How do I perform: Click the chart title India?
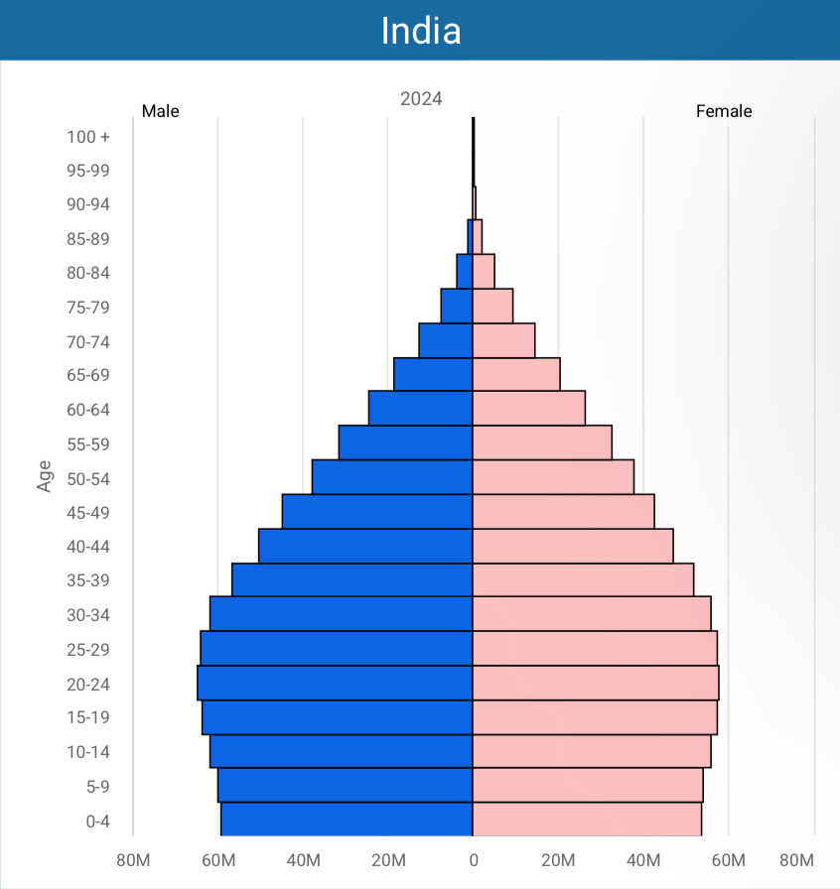click(x=421, y=31)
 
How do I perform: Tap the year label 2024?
click(x=421, y=99)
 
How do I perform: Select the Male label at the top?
click(x=161, y=111)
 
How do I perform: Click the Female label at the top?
click(x=724, y=111)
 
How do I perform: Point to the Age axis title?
click(x=45, y=475)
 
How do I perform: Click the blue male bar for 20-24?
click(x=335, y=683)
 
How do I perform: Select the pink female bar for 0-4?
click(x=587, y=820)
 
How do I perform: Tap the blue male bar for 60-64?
click(x=420, y=408)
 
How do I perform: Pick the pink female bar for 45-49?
click(x=563, y=511)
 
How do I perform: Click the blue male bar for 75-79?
click(x=457, y=306)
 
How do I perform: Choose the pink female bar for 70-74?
click(x=503, y=340)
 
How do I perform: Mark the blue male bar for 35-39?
click(x=351, y=579)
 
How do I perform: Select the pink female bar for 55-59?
click(x=542, y=443)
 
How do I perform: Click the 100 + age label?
click(x=88, y=137)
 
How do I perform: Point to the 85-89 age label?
click(x=88, y=239)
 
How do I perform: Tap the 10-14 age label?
click(x=88, y=752)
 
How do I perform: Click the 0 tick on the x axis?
click(x=473, y=859)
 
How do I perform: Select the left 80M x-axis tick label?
click(x=133, y=859)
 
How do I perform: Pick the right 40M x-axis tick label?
click(x=643, y=859)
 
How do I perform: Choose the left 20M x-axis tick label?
click(x=388, y=859)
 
